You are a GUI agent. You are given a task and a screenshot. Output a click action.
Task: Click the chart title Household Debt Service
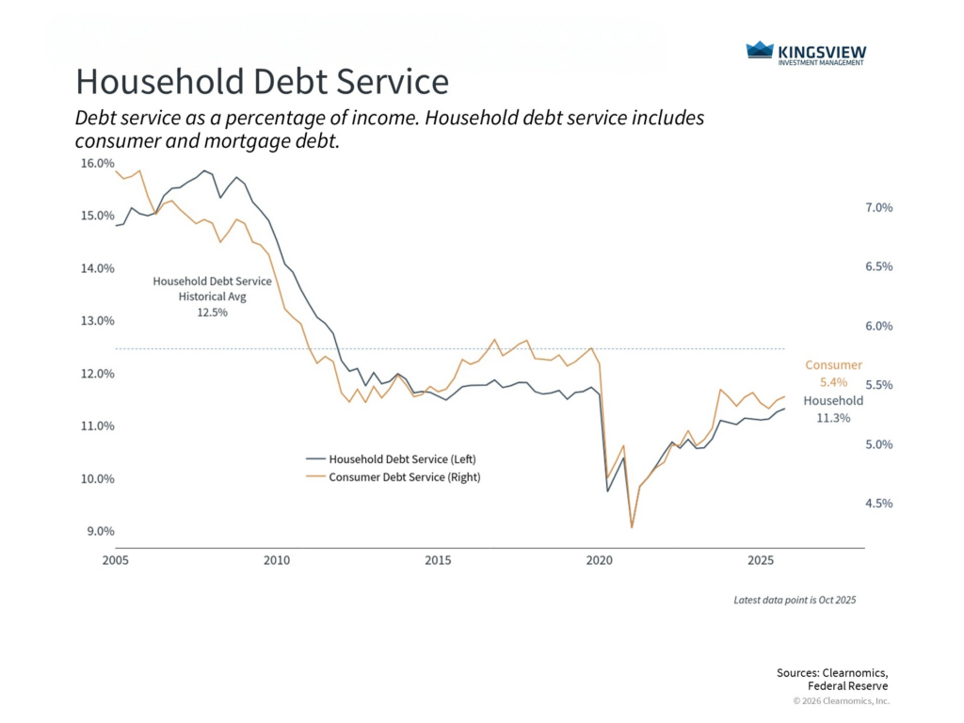click(x=262, y=82)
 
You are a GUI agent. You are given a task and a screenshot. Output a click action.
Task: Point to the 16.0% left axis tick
click(x=97, y=163)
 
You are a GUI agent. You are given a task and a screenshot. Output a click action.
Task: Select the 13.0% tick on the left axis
click(x=97, y=321)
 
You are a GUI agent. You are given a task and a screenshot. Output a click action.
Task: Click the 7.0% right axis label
click(x=878, y=208)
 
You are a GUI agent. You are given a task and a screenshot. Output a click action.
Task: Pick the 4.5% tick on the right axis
click(x=878, y=504)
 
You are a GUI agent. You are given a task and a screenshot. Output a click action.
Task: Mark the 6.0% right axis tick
click(x=878, y=327)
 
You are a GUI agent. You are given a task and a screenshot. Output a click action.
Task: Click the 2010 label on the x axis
click(x=277, y=562)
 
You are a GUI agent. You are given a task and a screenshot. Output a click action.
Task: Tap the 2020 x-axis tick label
click(x=600, y=562)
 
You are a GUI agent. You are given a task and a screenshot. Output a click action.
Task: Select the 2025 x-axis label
click(x=761, y=562)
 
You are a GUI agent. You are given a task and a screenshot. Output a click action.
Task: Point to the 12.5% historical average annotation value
click(x=212, y=313)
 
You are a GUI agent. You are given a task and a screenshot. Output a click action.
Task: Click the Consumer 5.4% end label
click(x=833, y=374)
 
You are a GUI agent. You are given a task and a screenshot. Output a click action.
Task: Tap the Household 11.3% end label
click(x=832, y=409)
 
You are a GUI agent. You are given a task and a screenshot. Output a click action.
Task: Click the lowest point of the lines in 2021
click(x=632, y=527)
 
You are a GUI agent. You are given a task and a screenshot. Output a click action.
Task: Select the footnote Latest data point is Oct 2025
click(x=795, y=600)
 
